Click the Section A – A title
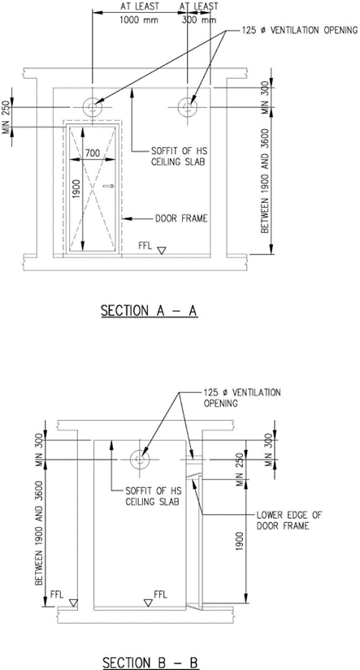coord(149,311)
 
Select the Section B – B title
coord(150,663)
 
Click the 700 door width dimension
coord(92,153)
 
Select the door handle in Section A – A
coord(110,186)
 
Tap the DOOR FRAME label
coord(181,218)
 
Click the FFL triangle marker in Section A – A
coord(161,250)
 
